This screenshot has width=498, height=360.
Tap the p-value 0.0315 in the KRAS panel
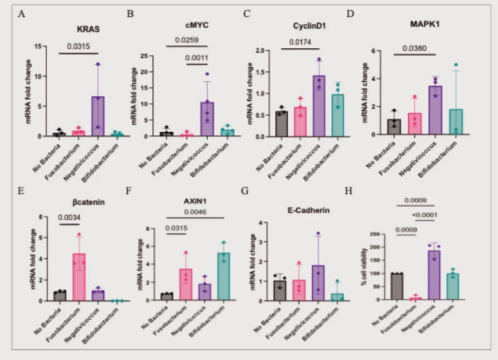click(79, 46)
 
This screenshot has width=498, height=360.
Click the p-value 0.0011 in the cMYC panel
click(197, 58)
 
